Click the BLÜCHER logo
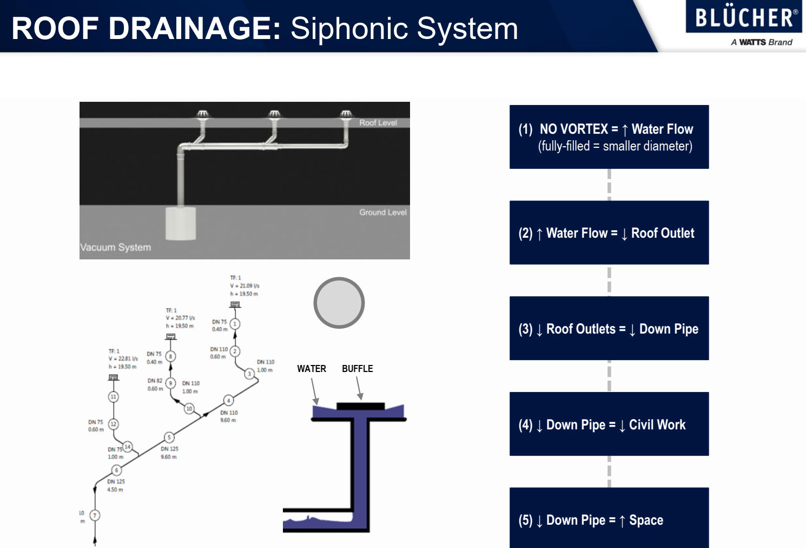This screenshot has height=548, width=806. tap(744, 17)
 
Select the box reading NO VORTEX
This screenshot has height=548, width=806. tap(609, 137)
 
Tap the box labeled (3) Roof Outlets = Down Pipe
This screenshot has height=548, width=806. tap(609, 328)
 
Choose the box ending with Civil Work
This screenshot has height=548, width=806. tap(609, 424)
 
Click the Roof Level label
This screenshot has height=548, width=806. tap(378, 123)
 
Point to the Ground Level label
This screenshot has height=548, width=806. tap(382, 212)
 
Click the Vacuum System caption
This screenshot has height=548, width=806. tap(116, 247)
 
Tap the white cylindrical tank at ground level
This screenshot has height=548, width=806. tap(180, 223)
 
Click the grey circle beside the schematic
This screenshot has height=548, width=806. tap(339, 303)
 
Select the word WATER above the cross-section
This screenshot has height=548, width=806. tap(312, 369)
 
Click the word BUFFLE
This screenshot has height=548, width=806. tap(357, 369)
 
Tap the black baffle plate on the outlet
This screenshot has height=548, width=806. tap(360, 406)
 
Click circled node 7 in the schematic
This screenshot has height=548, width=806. tap(95, 515)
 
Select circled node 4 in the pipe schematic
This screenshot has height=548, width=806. tap(229, 400)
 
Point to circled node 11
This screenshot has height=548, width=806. tap(113, 397)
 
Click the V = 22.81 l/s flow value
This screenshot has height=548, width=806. tap(123, 358)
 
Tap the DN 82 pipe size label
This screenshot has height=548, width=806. tap(155, 381)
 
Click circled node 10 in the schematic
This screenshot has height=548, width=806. tap(189, 409)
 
